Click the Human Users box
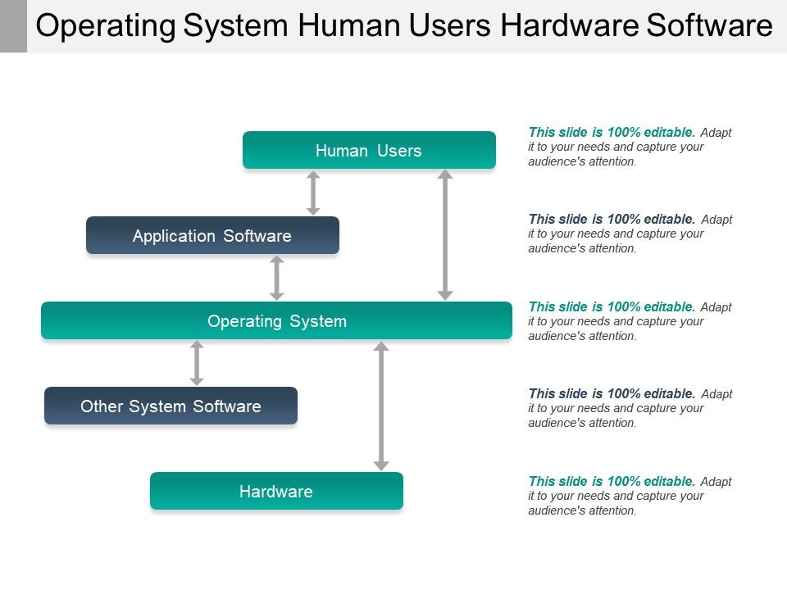[369, 150]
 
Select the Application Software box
[212, 235]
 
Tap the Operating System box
[276, 320]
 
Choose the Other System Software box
[171, 406]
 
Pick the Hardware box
[276, 491]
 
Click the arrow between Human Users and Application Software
[313, 193]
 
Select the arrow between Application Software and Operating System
[277, 278]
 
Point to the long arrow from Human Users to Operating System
[445, 234]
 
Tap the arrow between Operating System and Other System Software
[197, 363]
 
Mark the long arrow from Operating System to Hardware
[381, 406]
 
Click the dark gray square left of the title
[13, 25]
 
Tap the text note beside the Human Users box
[630, 147]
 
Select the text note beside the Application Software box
[630, 234]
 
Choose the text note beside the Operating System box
[630, 321]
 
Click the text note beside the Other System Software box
[630, 408]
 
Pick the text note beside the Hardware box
[630, 496]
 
